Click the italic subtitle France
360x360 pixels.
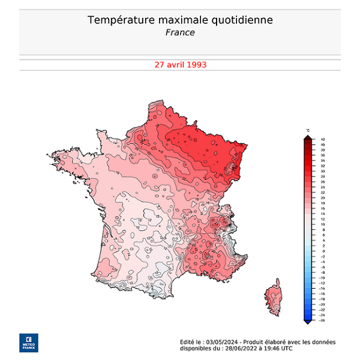tap(180, 32)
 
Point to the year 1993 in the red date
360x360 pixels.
tap(197, 64)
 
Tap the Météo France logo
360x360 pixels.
tap(28, 341)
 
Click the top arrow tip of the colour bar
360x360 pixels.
tap(307, 137)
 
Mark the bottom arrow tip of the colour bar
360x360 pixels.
tap(307, 323)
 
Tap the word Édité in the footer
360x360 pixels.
tap(187, 341)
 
